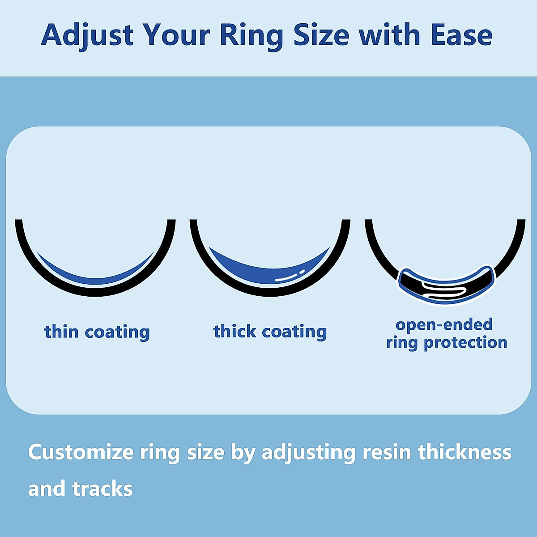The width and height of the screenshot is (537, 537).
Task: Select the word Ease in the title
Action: (x=461, y=35)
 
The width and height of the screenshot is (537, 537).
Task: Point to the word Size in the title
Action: (x=321, y=35)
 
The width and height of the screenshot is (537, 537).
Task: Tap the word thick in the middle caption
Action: (x=235, y=332)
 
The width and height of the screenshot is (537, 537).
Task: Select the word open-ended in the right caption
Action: (x=444, y=325)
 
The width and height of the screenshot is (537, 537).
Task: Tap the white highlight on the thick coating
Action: (x=289, y=277)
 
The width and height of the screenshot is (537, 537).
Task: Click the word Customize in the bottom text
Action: (x=81, y=452)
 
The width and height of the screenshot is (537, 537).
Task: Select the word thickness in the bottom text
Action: (x=465, y=452)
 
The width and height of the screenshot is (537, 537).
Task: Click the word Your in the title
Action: (x=176, y=35)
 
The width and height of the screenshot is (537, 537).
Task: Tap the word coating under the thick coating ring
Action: (x=294, y=332)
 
